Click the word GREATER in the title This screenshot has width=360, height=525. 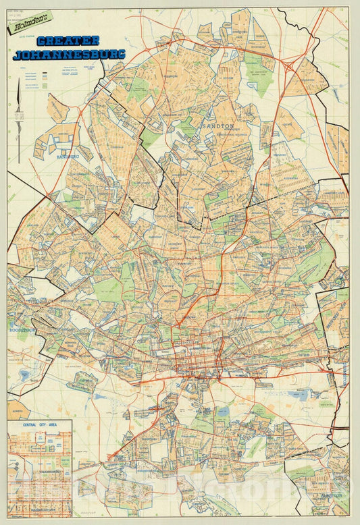(x=68, y=40)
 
